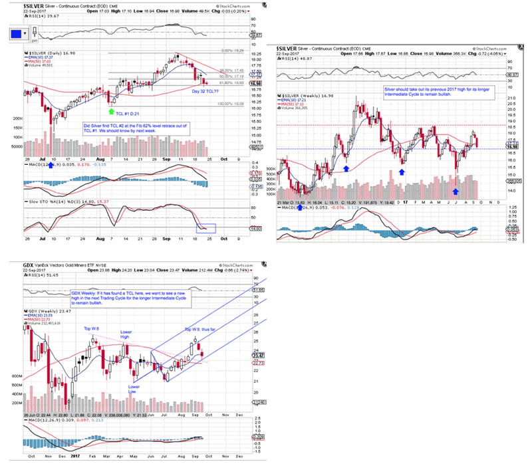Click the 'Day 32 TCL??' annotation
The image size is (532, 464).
(x=206, y=90)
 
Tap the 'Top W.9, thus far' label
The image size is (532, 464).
(x=199, y=329)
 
